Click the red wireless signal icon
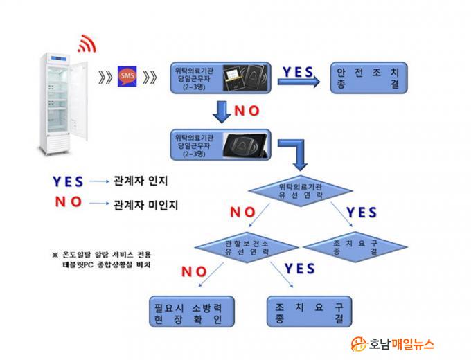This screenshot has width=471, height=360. [x=86, y=45]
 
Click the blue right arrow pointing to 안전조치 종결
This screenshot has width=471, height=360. [x=299, y=81]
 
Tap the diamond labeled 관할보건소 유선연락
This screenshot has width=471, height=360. [x=243, y=247]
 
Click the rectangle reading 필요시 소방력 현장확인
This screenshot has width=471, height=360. [x=188, y=313]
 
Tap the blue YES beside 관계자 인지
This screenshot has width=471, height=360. [x=69, y=181]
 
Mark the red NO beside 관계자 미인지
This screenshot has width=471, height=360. [x=67, y=203]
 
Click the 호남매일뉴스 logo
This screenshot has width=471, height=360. [x=393, y=343]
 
